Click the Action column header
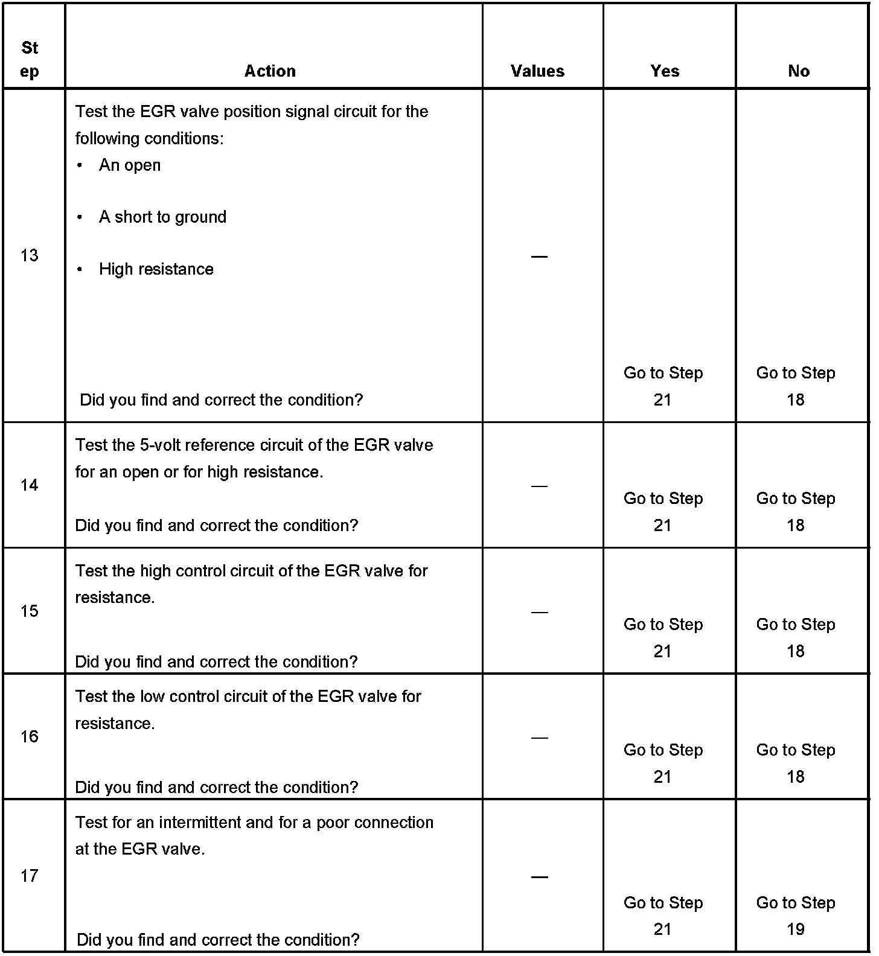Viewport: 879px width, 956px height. pos(270,71)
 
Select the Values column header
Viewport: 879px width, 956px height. pos(537,71)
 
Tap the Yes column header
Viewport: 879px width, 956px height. pos(665,71)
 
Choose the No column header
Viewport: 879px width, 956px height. pos(798,71)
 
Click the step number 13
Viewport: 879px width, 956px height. pos(29,256)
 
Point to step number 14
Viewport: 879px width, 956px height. pos(29,485)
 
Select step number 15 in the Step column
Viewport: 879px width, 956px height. pos(29,611)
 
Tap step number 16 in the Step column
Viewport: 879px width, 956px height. pos(29,736)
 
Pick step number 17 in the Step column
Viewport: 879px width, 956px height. pos(29,876)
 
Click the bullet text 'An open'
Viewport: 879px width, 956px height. pos(130,165)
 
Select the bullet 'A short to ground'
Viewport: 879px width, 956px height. pos(162,217)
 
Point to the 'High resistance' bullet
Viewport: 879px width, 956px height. pos(156,269)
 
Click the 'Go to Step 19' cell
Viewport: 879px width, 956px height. pos(796,916)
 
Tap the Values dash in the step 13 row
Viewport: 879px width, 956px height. pos(539,257)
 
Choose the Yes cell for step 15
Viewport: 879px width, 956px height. pos(663,637)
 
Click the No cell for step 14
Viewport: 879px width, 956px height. pos(796,511)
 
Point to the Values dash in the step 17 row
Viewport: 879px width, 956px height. pos(539,876)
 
